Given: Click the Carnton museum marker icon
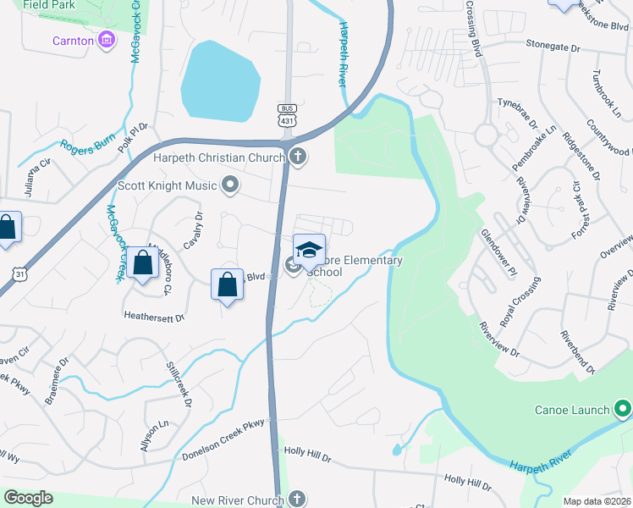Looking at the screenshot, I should click(107, 40).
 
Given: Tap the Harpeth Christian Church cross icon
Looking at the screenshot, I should click(297, 157).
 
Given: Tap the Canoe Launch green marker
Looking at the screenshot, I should click(623, 410).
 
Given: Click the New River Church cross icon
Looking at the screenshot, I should click(296, 500).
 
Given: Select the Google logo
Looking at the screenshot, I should click(28, 498).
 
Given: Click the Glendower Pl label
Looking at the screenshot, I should click(498, 252).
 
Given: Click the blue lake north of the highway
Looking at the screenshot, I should click(219, 81).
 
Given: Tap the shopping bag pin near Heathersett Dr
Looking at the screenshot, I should click(228, 285).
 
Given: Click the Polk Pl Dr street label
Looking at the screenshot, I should click(134, 139).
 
